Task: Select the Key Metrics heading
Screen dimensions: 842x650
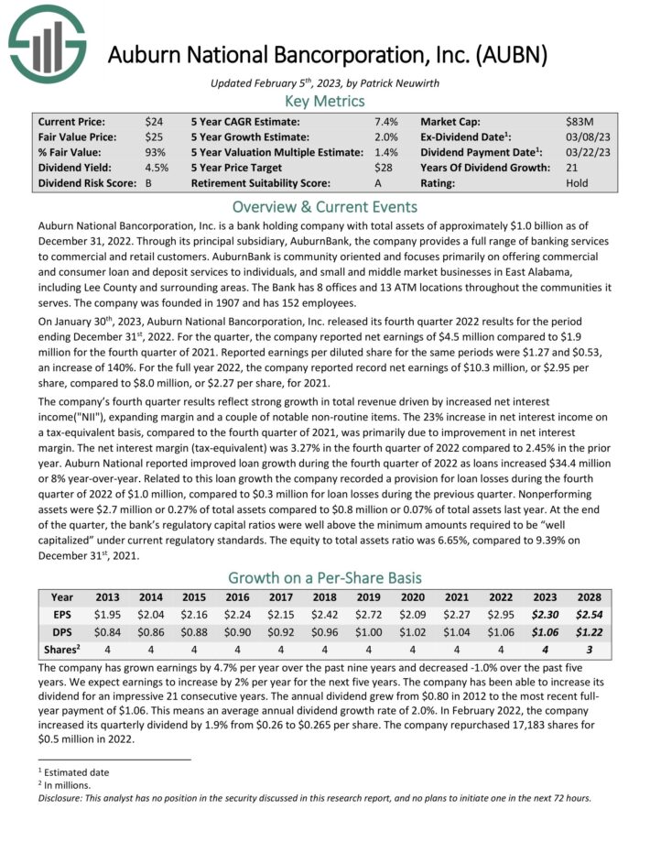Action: [325, 101]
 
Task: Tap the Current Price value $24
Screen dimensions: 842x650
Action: [154, 121]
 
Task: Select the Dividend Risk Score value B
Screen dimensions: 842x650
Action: [148, 183]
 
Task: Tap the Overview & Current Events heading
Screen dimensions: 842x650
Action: [325, 206]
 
